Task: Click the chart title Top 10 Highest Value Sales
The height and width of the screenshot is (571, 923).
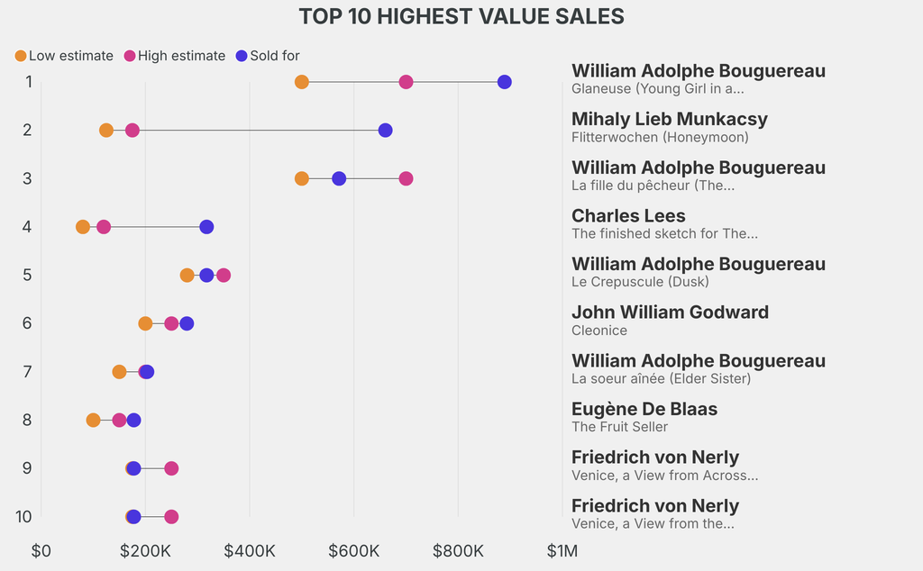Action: [x=461, y=16]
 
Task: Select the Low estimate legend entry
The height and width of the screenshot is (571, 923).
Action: [x=64, y=56]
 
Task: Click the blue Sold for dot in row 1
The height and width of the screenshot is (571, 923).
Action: [x=504, y=82]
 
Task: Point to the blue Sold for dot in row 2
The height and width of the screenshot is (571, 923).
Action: [x=385, y=131]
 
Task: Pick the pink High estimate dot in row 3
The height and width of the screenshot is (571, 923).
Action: [x=406, y=178]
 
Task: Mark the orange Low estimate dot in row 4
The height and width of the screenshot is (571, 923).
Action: [x=83, y=227]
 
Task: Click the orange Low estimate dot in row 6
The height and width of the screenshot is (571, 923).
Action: [x=145, y=323]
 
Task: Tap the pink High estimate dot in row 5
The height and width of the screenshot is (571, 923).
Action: [x=224, y=275]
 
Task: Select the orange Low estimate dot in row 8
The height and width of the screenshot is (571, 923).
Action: [x=93, y=420]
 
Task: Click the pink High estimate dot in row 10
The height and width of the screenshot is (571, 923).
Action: [x=171, y=517]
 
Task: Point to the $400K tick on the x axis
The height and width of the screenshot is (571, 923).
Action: [x=250, y=549]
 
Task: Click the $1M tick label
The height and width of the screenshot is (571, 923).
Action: [x=562, y=549]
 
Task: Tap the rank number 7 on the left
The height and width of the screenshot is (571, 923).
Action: [x=28, y=371]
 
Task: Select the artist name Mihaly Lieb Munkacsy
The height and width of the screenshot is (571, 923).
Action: [x=670, y=119]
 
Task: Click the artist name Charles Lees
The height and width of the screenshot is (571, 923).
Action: [x=628, y=216]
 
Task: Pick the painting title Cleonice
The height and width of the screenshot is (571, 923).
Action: [x=599, y=331]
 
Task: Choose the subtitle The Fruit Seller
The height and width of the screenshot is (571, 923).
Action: [x=619, y=427]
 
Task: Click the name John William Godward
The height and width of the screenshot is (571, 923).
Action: [x=670, y=313]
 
